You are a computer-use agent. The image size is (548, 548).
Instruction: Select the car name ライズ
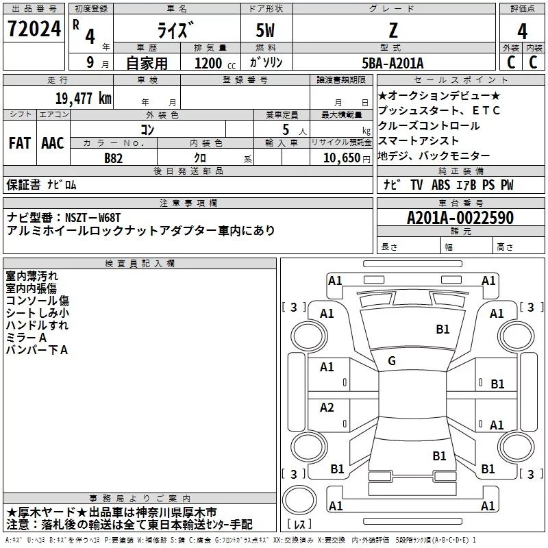(x=176, y=32)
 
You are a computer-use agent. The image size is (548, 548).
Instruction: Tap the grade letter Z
(x=393, y=30)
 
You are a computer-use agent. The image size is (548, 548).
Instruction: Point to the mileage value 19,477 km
(x=83, y=98)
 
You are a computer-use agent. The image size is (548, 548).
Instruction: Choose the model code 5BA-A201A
(x=393, y=63)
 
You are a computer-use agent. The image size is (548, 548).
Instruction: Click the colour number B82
(x=114, y=157)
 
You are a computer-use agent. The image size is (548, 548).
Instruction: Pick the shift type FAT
(x=19, y=143)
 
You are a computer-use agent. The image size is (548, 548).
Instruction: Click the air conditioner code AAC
(x=53, y=143)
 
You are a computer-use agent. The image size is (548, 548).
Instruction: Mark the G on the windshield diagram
(x=392, y=361)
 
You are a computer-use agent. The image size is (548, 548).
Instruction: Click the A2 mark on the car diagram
(x=327, y=408)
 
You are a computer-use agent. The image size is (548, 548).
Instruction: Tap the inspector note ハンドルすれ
(x=37, y=325)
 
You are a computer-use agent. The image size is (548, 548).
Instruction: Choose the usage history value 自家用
(x=147, y=63)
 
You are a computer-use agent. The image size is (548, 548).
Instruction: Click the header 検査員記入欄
(x=140, y=264)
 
